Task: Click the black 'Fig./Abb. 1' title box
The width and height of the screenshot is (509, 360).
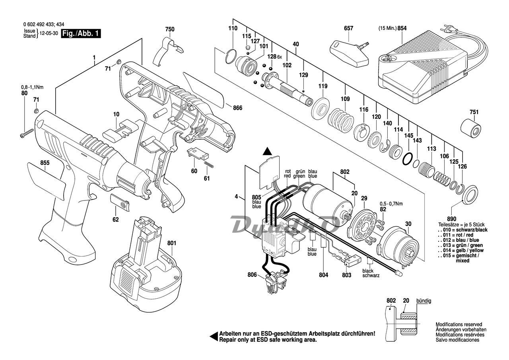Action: [x=81, y=34]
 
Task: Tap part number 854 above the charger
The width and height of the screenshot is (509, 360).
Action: [x=402, y=28]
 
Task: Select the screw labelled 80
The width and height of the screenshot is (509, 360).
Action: [x=27, y=133]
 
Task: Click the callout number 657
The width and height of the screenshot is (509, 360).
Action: [x=349, y=28]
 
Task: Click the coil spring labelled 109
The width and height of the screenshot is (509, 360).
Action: [x=341, y=121]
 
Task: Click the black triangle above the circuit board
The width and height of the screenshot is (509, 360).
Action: [x=268, y=152]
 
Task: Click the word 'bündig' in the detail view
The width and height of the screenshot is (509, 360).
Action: [x=424, y=301]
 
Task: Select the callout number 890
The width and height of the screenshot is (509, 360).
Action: [x=451, y=219]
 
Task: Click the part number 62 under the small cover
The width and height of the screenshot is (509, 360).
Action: [x=116, y=219]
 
